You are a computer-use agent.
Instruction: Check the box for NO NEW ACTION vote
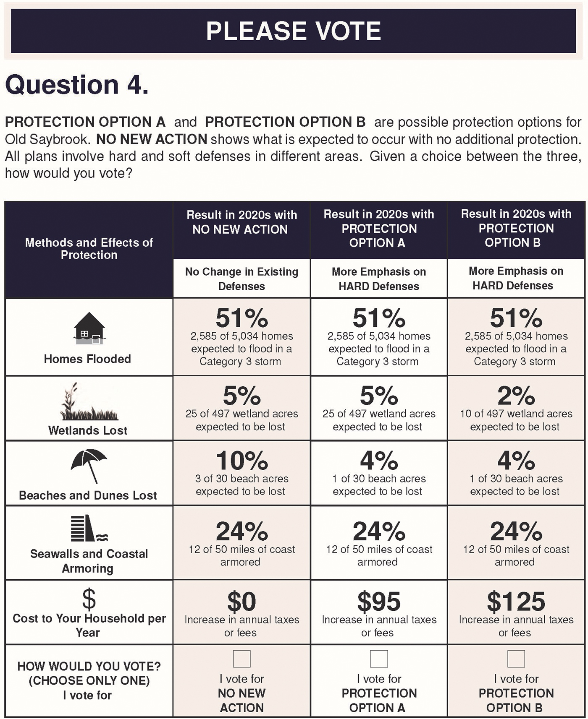click(x=241, y=659)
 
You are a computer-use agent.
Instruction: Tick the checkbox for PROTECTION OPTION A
click(x=378, y=659)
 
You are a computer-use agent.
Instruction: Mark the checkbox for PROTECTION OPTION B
click(x=516, y=659)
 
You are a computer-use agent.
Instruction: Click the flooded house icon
click(x=89, y=328)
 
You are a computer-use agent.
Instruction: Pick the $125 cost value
click(x=516, y=602)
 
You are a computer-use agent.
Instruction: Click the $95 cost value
click(x=378, y=602)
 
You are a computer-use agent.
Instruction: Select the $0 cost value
click(x=241, y=602)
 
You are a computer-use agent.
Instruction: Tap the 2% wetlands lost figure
click(x=516, y=396)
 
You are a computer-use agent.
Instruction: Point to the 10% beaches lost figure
click(x=242, y=461)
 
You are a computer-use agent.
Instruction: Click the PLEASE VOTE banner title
click(x=294, y=31)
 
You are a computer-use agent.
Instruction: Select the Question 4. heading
click(x=77, y=85)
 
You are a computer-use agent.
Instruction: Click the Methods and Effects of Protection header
click(x=89, y=248)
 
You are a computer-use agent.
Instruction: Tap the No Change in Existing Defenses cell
click(x=241, y=279)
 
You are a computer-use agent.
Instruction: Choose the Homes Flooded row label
click(x=87, y=359)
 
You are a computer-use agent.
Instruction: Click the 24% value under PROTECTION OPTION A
click(x=378, y=531)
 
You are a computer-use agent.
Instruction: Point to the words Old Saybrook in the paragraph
click(x=47, y=139)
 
